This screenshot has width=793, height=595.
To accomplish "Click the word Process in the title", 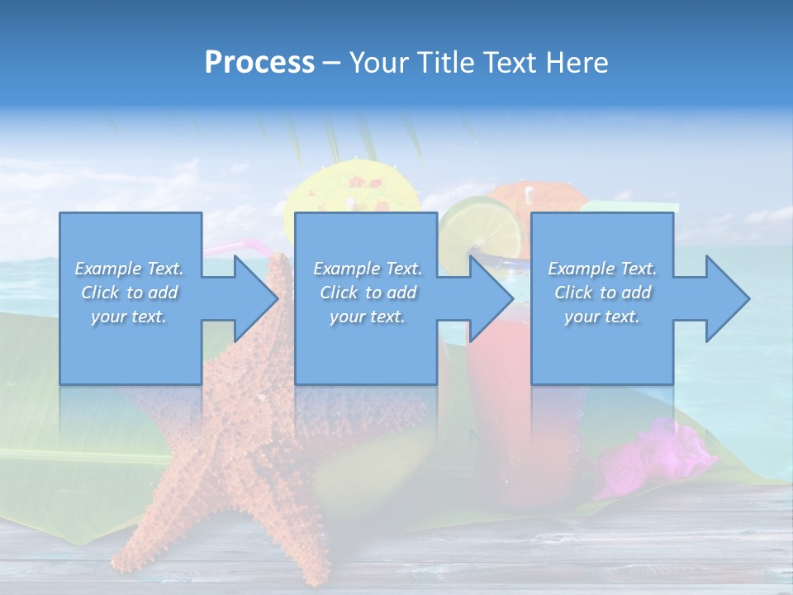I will pos(259,62).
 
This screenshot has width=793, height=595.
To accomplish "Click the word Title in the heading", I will pos(444,62).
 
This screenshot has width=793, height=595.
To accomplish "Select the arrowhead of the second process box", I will pos(490,298).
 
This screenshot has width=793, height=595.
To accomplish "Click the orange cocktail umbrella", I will pos(537,198).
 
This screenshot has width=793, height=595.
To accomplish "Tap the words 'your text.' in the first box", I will pos(130,317).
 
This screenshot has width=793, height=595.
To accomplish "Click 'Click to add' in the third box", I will pos(602,293).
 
